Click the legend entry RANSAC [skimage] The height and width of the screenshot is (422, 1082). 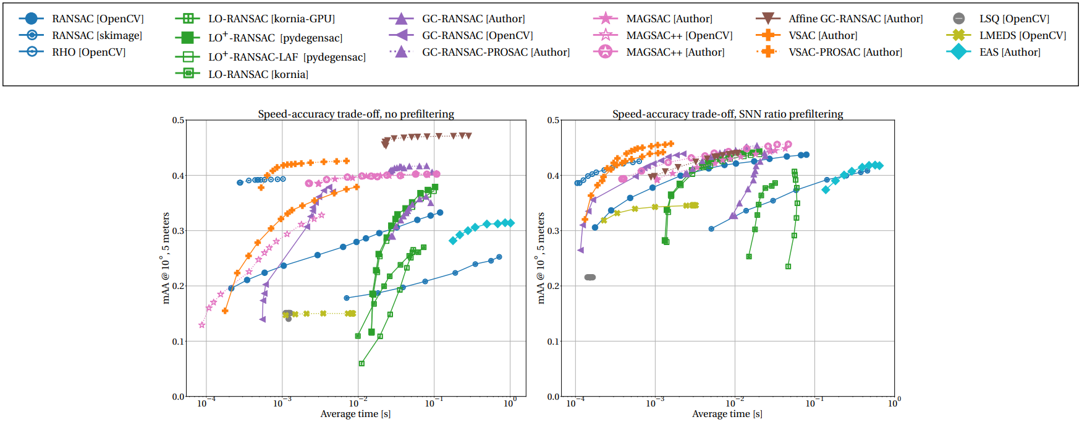(x=97, y=36)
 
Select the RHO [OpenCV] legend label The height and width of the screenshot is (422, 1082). (x=88, y=53)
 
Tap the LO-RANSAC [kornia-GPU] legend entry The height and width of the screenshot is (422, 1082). (x=271, y=19)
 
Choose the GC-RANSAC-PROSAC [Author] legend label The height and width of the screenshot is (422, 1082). (x=496, y=53)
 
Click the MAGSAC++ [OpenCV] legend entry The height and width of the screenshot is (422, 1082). (x=679, y=36)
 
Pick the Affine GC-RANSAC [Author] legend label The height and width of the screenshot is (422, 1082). (x=855, y=19)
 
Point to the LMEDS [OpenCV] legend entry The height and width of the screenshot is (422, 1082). (x=1022, y=36)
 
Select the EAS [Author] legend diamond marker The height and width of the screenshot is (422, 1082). (x=958, y=53)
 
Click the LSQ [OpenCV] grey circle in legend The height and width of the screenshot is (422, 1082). (x=958, y=19)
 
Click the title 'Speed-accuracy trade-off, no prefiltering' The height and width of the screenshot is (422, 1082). (x=355, y=114)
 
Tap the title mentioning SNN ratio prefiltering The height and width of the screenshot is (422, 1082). (x=727, y=114)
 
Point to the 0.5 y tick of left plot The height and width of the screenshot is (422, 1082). (x=178, y=121)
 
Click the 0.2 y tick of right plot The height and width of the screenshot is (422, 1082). (x=553, y=286)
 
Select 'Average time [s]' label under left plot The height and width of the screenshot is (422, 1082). (x=355, y=414)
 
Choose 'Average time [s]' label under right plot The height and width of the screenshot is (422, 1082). (x=727, y=414)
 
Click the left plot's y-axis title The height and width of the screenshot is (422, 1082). (x=166, y=258)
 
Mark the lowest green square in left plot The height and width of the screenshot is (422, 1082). (x=361, y=364)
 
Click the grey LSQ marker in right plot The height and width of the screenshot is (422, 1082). (x=590, y=277)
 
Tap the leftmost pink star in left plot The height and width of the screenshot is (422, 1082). (x=201, y=325)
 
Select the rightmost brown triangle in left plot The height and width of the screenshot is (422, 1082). (x=468, y=136)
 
